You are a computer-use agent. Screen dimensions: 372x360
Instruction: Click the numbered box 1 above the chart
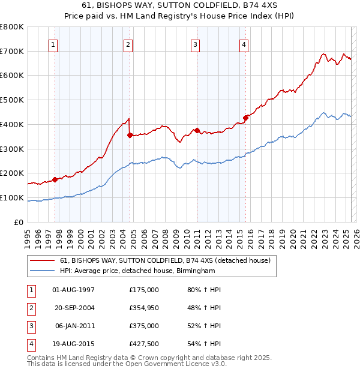[53, 44]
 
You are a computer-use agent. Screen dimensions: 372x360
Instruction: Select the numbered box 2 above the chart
[128, 44]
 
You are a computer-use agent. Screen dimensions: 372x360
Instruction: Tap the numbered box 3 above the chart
[196, 44]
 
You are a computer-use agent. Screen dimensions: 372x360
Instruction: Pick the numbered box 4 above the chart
[244, 44]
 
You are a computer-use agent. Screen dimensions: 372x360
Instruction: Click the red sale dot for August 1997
[55, 179]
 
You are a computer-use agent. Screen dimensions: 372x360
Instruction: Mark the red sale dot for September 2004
[130, 135]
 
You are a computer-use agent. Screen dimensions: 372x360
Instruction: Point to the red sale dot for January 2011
[197, 130]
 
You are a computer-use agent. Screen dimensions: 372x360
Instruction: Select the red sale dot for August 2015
[245, 118]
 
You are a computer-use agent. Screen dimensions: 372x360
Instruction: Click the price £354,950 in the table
[144, 307]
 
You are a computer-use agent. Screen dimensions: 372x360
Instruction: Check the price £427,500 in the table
[144, 344]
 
